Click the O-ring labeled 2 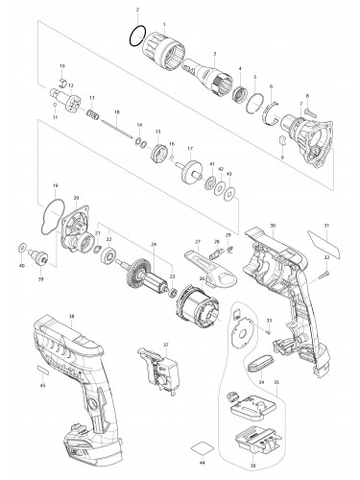point(138,40)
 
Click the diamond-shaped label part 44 point(203,447)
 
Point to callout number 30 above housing point(273,226)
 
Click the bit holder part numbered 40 point(40,257)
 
